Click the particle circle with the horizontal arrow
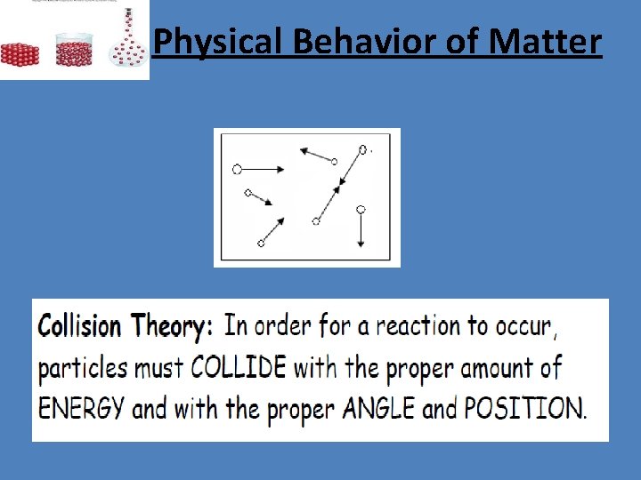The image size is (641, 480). [x=237, y=169]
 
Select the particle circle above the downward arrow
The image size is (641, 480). [x=361, y=210]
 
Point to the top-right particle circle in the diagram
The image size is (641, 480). [x=363, y=149]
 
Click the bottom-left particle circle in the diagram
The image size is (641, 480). [x=261, y=243]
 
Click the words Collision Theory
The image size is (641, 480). [x=125, y=326]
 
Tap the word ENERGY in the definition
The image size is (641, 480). [x=82, y=408]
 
